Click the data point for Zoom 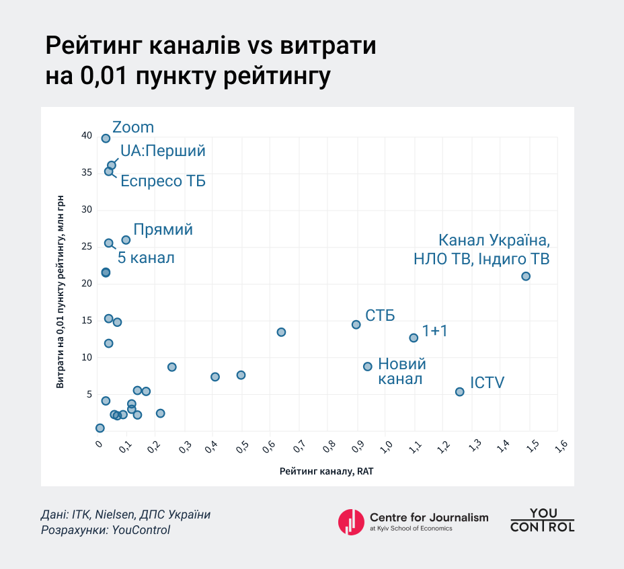[x=106, y=139]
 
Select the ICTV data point [x=460, y=391]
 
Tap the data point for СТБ [x=356, y=324]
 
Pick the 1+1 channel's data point [x=414, y=338]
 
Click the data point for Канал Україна [x=526, y=276]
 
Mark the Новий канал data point [x=368, y=367]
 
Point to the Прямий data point [x=126, y=240]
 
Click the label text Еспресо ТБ [x=163, y=181]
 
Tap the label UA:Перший [x=163, y=151]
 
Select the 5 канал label [x=146, y=257]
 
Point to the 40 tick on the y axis [x=86, y=136]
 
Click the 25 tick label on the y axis [x=86, y=247]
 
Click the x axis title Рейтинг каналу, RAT [x=326, y=471]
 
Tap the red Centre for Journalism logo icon [x=350, y=521]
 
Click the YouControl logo [x=542, y=520]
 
